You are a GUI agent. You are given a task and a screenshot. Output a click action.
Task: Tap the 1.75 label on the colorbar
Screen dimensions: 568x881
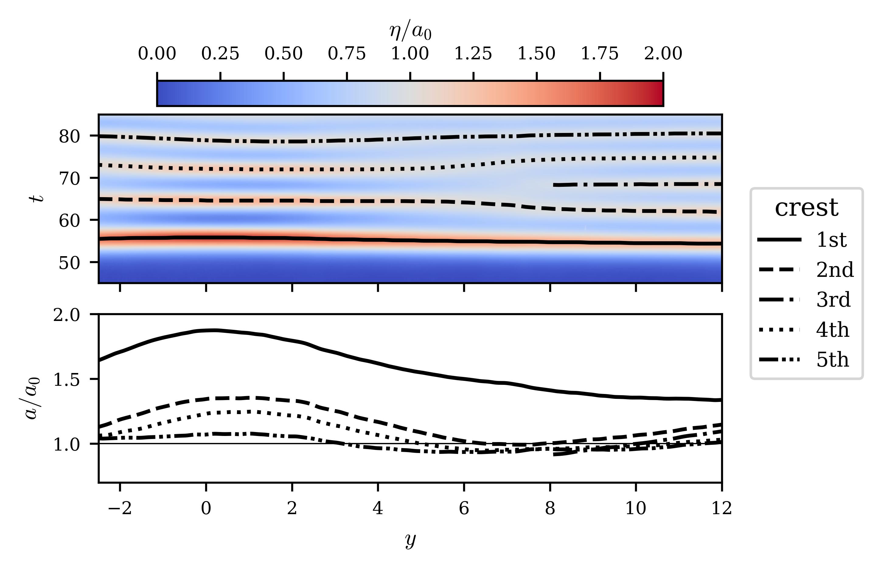pos(600,54)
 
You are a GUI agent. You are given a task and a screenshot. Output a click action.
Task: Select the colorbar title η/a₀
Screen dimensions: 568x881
pos(410,31)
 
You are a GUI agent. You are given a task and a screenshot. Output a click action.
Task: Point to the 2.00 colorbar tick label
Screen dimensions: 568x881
pos(663,54)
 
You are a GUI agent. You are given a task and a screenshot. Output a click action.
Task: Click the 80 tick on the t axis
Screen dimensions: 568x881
pos(69,137)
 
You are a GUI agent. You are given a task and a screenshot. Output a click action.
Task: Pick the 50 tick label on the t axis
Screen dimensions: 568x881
pos(69,263)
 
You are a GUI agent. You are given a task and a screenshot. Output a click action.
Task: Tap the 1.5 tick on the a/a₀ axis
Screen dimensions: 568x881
pos(66,380)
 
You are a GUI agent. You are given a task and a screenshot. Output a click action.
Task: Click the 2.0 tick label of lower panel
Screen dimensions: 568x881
pos(66,315)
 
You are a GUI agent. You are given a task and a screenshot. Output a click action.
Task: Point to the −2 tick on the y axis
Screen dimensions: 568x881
pos(120,509)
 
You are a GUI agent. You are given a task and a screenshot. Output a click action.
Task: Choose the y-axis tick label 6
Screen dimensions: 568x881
pos(464,509)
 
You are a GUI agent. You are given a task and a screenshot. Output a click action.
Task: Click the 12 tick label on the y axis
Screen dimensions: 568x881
pos(721,509)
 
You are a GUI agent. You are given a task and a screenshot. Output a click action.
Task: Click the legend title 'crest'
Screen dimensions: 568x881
pos(806,208)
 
